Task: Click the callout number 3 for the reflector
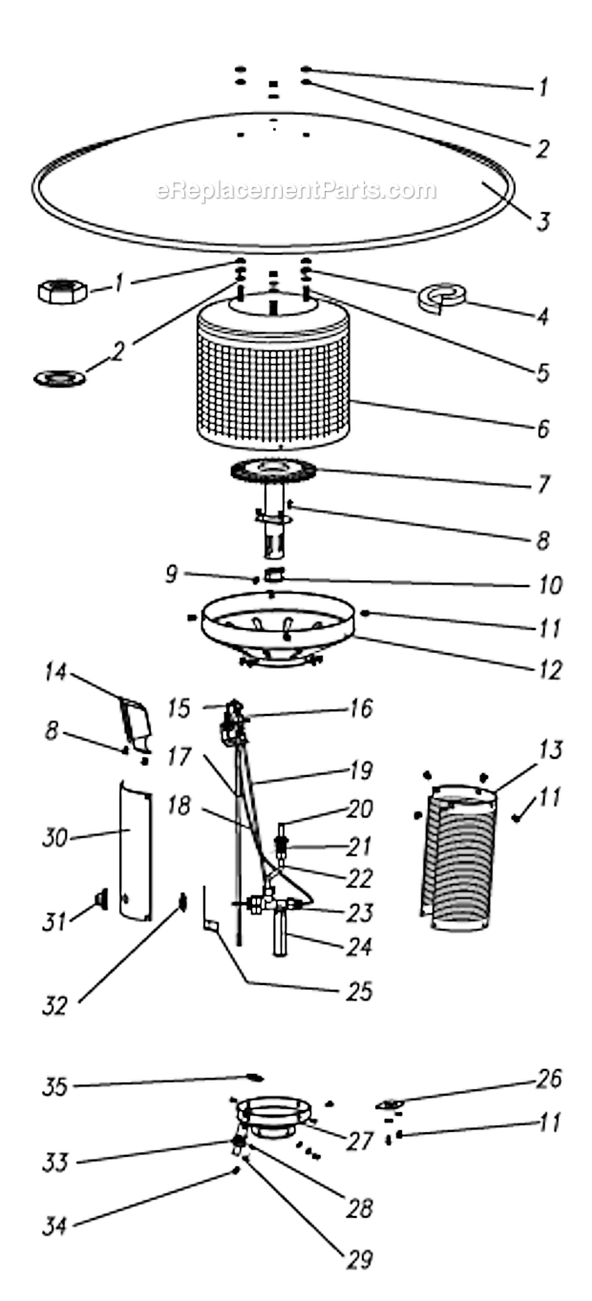coord(541,222)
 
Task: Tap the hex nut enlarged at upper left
coord(62,290)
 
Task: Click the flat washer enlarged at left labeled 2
coord(59,378)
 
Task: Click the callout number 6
coord(541,429)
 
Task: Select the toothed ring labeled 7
coord(273,471)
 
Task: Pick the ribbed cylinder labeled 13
coord(458,854)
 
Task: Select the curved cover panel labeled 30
coord(136,850)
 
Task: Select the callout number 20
coord(360,808)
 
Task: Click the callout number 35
coord(53,1086)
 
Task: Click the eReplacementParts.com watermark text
coord(296,191)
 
